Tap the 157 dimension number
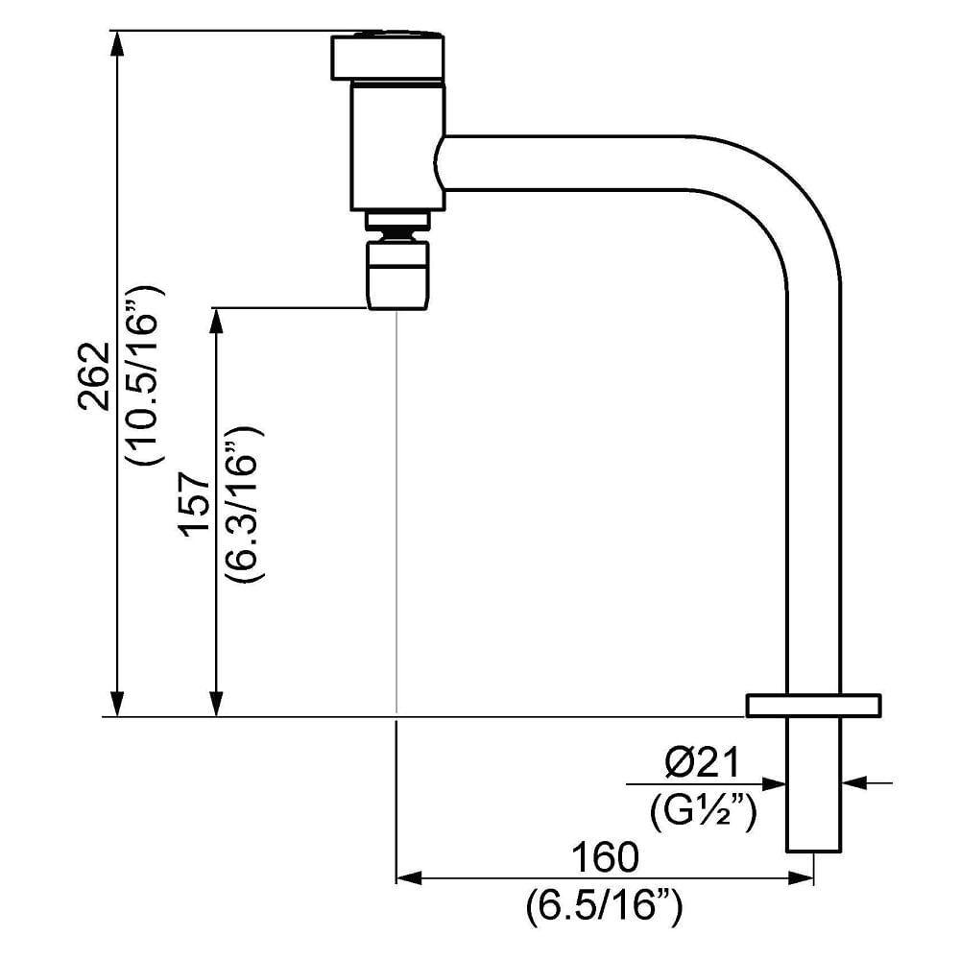pyautogui.click(x=196, y=504)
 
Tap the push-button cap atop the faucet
pyautogui.click(x=388, y=58)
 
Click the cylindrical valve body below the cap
pyautogui.click(x=398, y=146)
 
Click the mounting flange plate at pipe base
pyautogui.click(x=814, y=705)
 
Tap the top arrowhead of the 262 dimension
pyautogui.click(x=117, y=42)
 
